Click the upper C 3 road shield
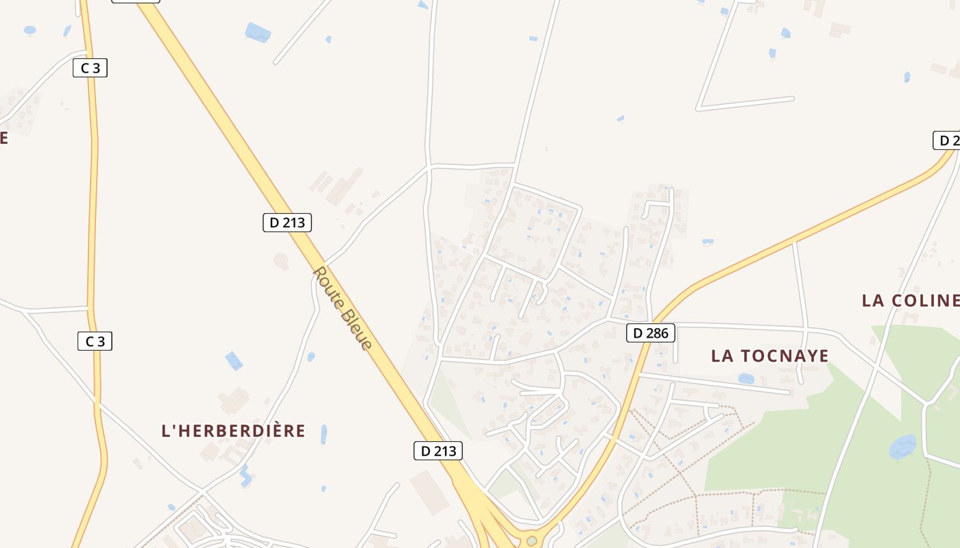point(91,68)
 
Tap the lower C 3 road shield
point(95,341)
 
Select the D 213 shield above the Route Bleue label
point(287,222)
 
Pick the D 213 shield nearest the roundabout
point(438,451)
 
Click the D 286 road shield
point(651,334)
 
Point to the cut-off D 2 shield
point(947,140)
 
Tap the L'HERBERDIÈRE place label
point(233,431)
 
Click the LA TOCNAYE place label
point(769,356)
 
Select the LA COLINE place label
point(910,300)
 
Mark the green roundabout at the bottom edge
point(531,541)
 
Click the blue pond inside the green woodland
point(902,447)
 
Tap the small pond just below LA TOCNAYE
point(746,378)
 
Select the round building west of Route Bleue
point(281,260)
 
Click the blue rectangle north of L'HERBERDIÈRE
point(234,360)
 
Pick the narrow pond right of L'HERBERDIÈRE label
point(324,434)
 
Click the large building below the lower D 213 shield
point(429,492)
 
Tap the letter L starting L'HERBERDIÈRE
point(165,431)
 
